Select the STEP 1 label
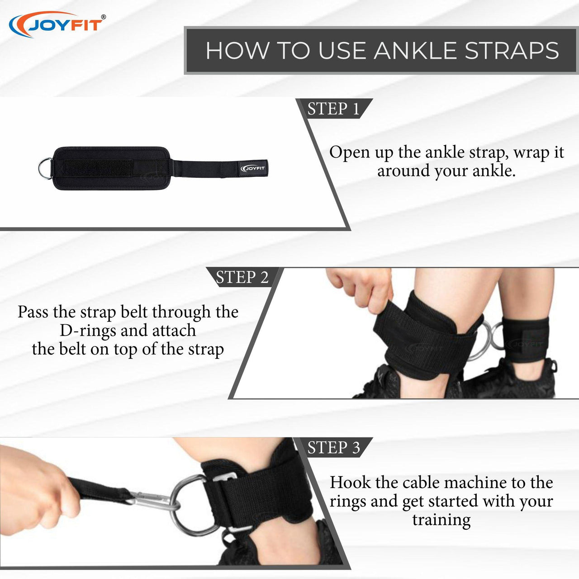click(x=333, y=109)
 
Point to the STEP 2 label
click(x=242, y=277)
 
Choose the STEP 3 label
click(x=333, y=447)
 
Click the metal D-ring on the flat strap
click(x=45, y=168)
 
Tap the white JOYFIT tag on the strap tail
click(x=253, y=168)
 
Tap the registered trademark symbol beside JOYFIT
click(x=104, y=17)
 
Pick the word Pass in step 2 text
click(x=33, y=312)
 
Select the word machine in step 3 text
click(x=474, y=483)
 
